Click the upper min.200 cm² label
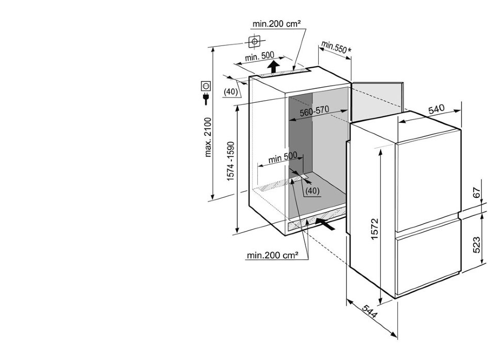(x=276, y=24)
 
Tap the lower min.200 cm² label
(x=273, y=255)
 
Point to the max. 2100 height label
(x=208, y=137)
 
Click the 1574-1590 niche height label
(x=231, y=161)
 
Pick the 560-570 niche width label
(x=314, y=111)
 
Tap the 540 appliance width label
(x=436, y=109)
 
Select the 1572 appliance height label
(x=374, y=229)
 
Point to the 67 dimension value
(x=476, y=193)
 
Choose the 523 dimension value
(x=476, y=245)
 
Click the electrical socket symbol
(x=206, y=86)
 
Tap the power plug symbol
(x=206, y=99)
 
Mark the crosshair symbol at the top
(x=254, y=41)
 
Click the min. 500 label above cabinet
(x=259, y=56)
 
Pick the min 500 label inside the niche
(x=283, y=158)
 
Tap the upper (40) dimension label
(x=230, y=92)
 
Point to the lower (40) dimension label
(x=312, y=191)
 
